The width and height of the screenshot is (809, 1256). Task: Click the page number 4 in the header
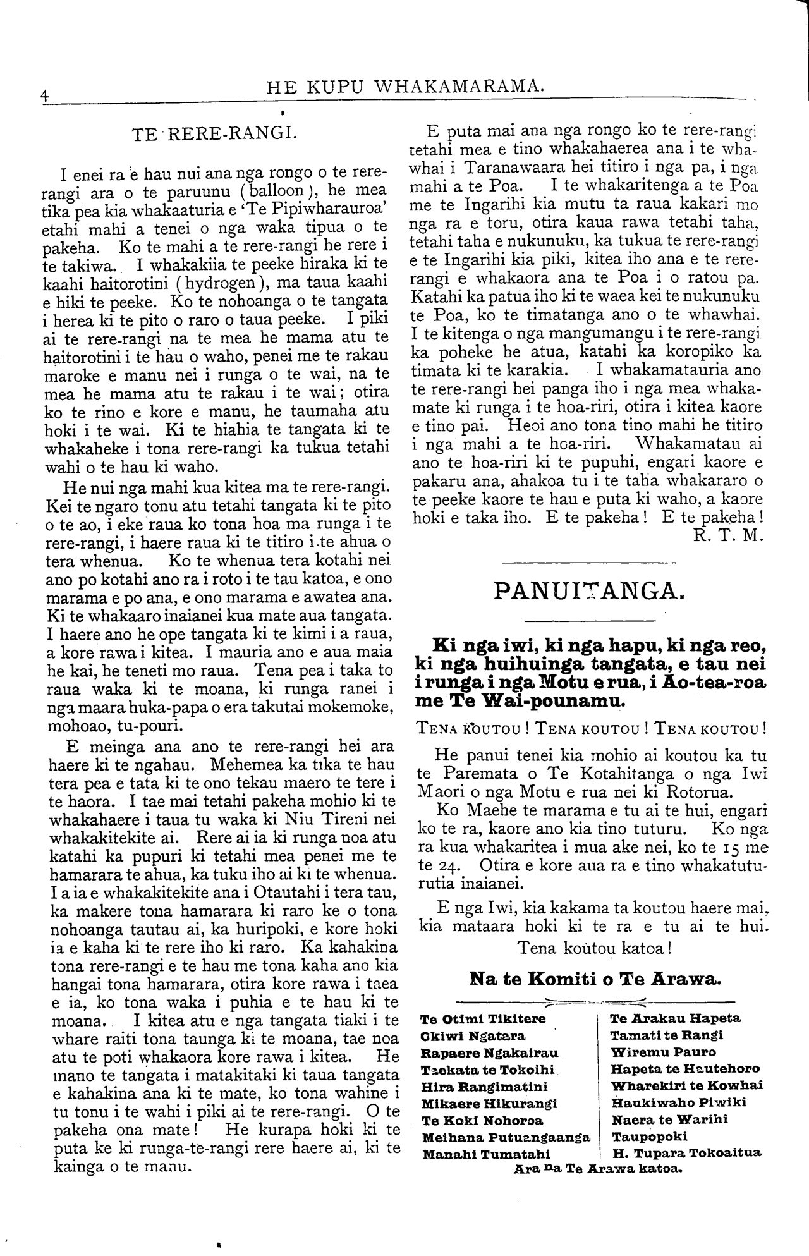click(44, 95)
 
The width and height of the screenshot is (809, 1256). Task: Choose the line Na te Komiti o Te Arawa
click(595, 979)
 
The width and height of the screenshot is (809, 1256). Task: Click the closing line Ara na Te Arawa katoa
click(597, 1168)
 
